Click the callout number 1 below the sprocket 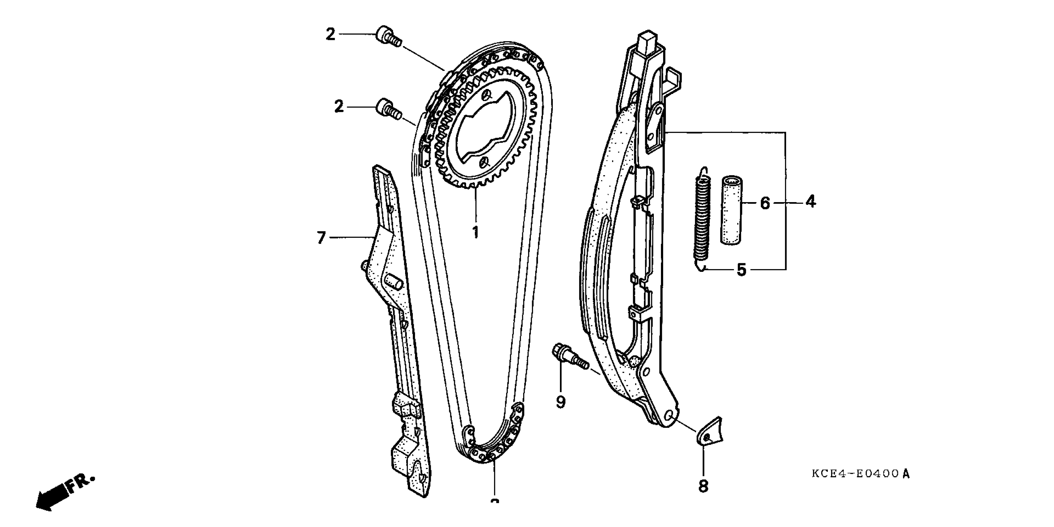(x=475, y=232)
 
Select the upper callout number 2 (x=330, y=34)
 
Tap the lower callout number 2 (x=339, y=107)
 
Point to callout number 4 (x=811, y=202)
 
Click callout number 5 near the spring (x=741, y=270)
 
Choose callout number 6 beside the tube (x=765, y=203)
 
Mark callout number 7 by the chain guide (x=321, y=237)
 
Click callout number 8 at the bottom (x=703, y=486)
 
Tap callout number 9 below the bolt (x=561, y=402)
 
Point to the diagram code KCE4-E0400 (x=860, y=474)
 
